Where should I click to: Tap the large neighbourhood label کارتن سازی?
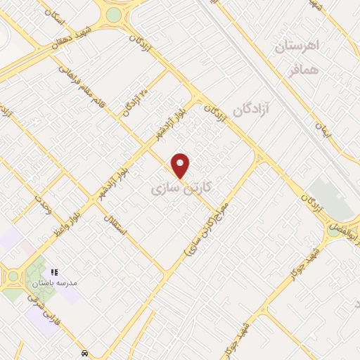[x=181, y=189]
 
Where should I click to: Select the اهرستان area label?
[x=297, y=46]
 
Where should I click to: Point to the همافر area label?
[x=304, y=70]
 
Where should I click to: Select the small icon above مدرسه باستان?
[x=53, y=271]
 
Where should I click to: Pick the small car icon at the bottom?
[x=85, y=352]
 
